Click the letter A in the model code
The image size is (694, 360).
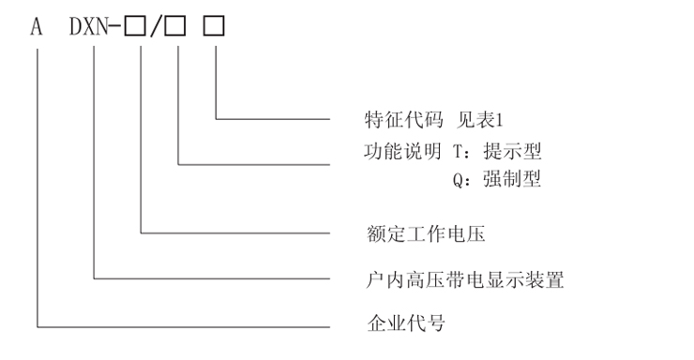(x=37, y=28)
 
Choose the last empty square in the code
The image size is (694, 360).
(x=215, y=28)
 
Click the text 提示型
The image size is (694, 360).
(x=509, y=150)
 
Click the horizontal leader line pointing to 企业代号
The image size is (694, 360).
(x=188, y=326)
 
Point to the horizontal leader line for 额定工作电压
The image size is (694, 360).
(x=234, y=232)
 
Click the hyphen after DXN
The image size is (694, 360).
(x=117, y=29)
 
